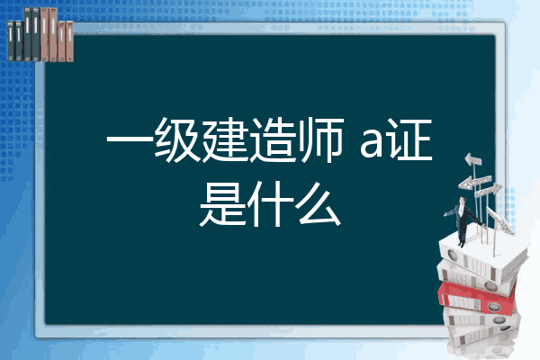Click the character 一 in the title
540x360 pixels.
(x=130, y=140)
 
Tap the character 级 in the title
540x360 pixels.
(x=176, y=139)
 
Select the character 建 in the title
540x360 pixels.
(x=225, y=139)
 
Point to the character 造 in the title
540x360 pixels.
(x=273, y=139)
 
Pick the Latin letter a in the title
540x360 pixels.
(x=372, y=144)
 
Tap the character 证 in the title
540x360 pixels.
(x=409, y=139)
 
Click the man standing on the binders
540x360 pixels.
(x=463, y=220)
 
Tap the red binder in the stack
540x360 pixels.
(x=477, y=298)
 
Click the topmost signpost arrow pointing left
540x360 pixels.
(x=472, y=159)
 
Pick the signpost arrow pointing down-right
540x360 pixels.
(x=499, y=220)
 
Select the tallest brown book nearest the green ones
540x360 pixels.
(x=44, y=34)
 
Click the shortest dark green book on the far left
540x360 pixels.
(x=11, y=41)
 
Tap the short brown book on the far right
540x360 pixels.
(x=70, y=41)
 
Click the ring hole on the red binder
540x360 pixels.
(x=493, y=307)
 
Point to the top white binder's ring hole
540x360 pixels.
(x=452, y=256)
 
